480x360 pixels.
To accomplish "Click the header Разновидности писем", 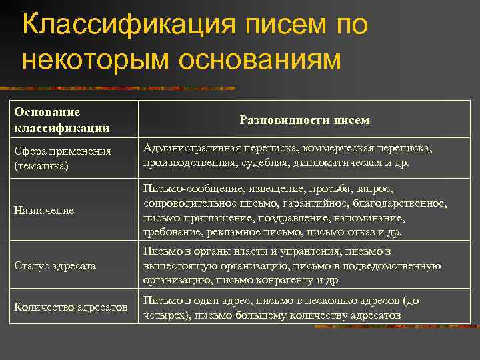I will pyautogui.click(x=304, y=120).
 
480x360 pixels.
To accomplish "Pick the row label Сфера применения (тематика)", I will pyautogui.click(x=63, y=158).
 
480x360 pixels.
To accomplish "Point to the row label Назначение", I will pyautogui.click(x=44, y=211).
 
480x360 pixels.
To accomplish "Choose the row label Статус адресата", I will pyautogui.click(x=55, y=265).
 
